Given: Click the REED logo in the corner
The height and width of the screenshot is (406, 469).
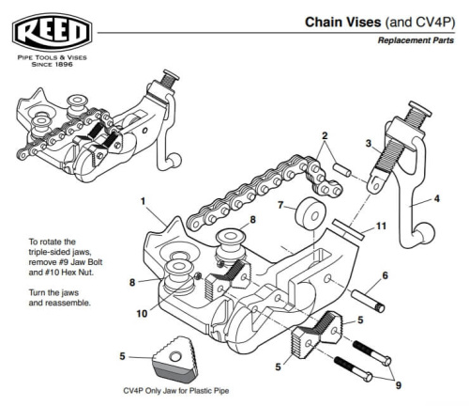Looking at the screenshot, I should [52, 34].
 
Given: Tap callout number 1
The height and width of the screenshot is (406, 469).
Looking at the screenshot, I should [143, 201].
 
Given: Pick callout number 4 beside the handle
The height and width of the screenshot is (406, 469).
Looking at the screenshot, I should [438, 199].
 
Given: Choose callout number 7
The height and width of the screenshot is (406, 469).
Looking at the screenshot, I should [280, 204].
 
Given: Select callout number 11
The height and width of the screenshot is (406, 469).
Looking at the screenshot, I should [380, 226].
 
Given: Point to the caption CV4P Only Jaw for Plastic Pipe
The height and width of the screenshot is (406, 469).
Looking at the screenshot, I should [175, 390].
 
